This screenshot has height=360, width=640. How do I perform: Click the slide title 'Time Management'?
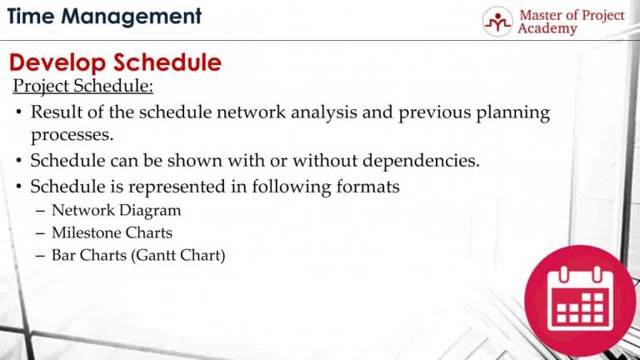click(104, 17)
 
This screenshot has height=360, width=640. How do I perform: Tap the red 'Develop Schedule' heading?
click(115, 62)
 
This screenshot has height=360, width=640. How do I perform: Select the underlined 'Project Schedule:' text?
click(82, 87)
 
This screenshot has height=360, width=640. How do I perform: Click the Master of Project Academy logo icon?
click(497, 22)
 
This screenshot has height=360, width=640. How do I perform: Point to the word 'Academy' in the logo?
click(547, 29)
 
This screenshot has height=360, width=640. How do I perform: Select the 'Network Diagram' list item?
click(116, 210)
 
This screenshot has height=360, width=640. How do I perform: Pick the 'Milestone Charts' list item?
click(112, 232)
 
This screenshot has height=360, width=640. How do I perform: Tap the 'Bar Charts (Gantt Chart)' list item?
click(138, 256)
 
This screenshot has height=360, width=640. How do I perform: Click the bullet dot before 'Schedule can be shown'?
click(18, 161)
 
